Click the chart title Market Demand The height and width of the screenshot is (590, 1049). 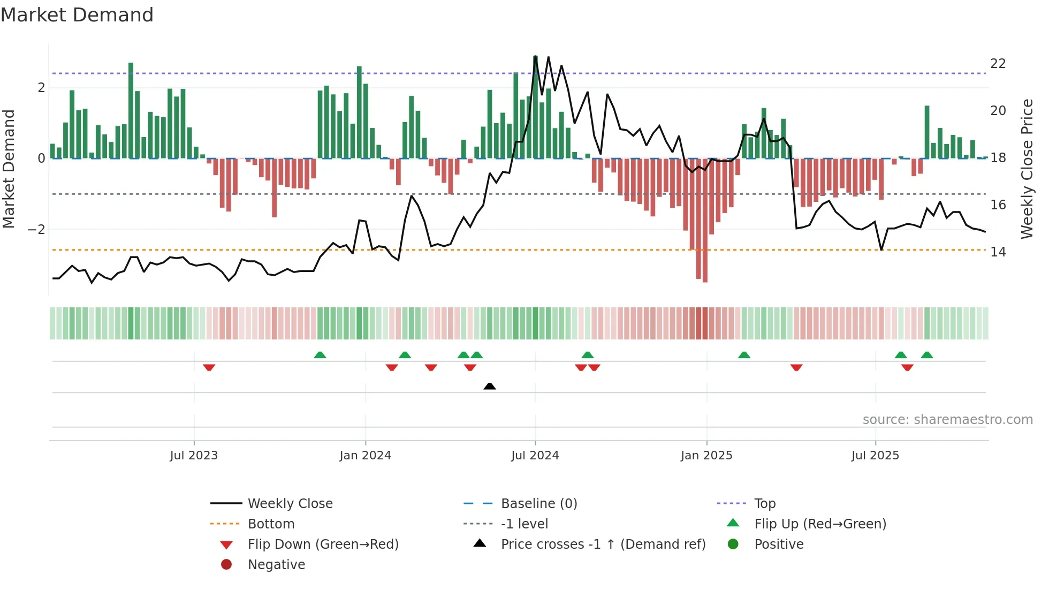pyautogui.click(x=77, y=15)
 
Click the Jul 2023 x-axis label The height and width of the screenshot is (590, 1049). pyautogui.click(x=194, y=456)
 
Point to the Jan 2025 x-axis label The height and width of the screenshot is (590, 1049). pyautogui.click(x=706, y=456)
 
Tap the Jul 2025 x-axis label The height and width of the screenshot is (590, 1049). pyautogui.click(x=875, y=456)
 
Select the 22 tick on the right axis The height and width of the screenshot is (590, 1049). pyautogui.click(x=998, y=64)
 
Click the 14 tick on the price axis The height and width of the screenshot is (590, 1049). pyautogui.click(x=998, y=252)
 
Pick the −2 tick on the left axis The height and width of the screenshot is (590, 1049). pyautogui.click(x=36, y=230)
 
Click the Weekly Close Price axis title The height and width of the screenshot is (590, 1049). pyautogui.click(x=1027, y=169)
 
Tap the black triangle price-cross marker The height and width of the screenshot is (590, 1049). pyautogui.click(x=489, y=386)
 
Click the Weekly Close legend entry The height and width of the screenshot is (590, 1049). pyautogui.click(x=290, y=504)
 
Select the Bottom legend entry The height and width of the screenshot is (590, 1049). pyautogui.click(x=271, y=524)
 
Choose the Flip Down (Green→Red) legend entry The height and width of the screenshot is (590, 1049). pyautogui.click(x=323, y=544)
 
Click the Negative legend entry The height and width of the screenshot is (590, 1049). pyautogui.click(x=276, y=565)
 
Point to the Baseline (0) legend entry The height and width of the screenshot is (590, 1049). pyautogui.click(x=539, y=504)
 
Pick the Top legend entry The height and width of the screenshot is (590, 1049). pyautogui.click(x=765, y=504)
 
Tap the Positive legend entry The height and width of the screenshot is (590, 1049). pyautogui.click(x=779, y=544)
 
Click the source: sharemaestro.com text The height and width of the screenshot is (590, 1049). pyautogui.click(x=947, y=420)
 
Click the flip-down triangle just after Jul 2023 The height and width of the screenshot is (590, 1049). pyautogui.click(x=209, y=367)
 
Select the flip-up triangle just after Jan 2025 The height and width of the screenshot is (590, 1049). pyautogui.click(x=744, y=355)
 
